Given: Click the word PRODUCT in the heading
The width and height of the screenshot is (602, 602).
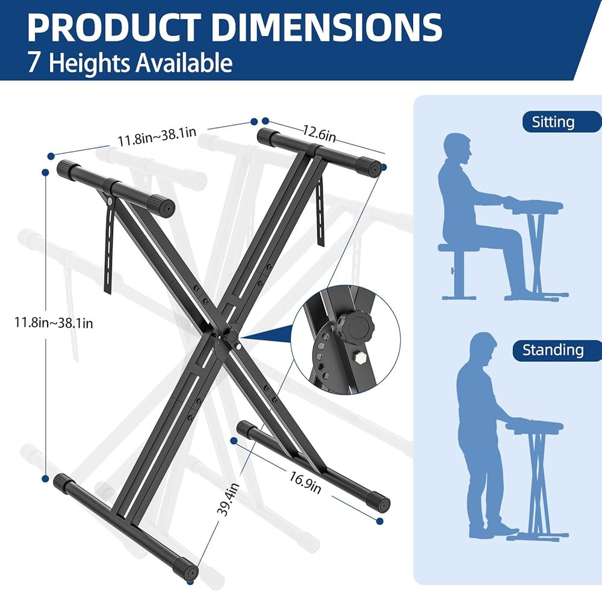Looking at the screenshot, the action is [114, 28].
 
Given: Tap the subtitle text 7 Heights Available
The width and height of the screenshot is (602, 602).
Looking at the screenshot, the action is [130, 63].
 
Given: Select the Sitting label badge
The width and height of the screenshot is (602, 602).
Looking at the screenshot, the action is [561, 122].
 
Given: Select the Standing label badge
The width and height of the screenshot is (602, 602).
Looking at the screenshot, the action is [557, 350].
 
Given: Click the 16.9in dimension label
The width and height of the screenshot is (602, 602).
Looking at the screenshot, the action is [305, 483].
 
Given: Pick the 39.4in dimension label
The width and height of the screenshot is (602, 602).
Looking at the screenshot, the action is [228, 500].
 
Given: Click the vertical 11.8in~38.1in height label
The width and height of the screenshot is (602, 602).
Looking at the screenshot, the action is [54, 323].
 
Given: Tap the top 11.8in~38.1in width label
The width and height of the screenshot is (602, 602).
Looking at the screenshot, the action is [157, 137].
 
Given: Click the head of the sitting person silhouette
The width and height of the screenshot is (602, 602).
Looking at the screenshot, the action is [458, 149].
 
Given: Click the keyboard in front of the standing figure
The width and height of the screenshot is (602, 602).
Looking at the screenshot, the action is [535, 426].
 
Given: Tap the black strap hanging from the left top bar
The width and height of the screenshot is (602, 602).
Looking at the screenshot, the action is [109, 246].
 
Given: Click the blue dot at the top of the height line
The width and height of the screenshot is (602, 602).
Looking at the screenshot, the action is [46, 173].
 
